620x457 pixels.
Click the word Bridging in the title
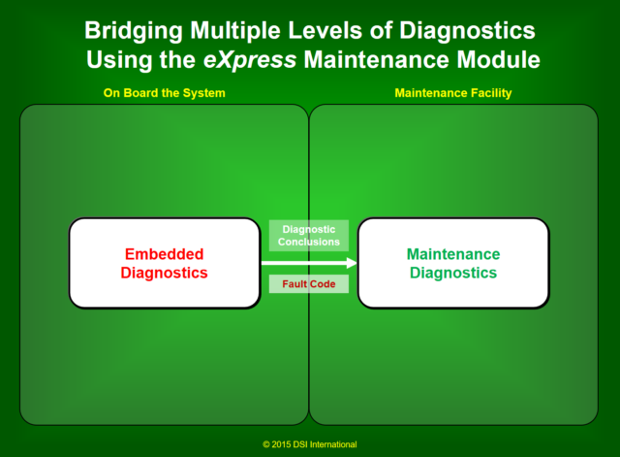tap(127, 32)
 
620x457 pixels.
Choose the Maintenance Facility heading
tap(452, 93)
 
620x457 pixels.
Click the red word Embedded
tap(164, 254)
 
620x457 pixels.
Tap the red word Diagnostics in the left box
tap(164, 273)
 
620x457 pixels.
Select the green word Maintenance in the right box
tap(452, 254)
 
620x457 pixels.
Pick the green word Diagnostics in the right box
tap(452, 273)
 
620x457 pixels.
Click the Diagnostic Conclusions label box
tap(308, 236)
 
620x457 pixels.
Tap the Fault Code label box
tap(308, 283)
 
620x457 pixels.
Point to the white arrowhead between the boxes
tap(351, 262)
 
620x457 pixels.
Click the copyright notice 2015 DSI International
tap(309, 444)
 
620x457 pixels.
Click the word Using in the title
tap(115, 60)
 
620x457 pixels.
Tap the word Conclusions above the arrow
tap(308, 242)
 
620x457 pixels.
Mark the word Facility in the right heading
tap(491, 93)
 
